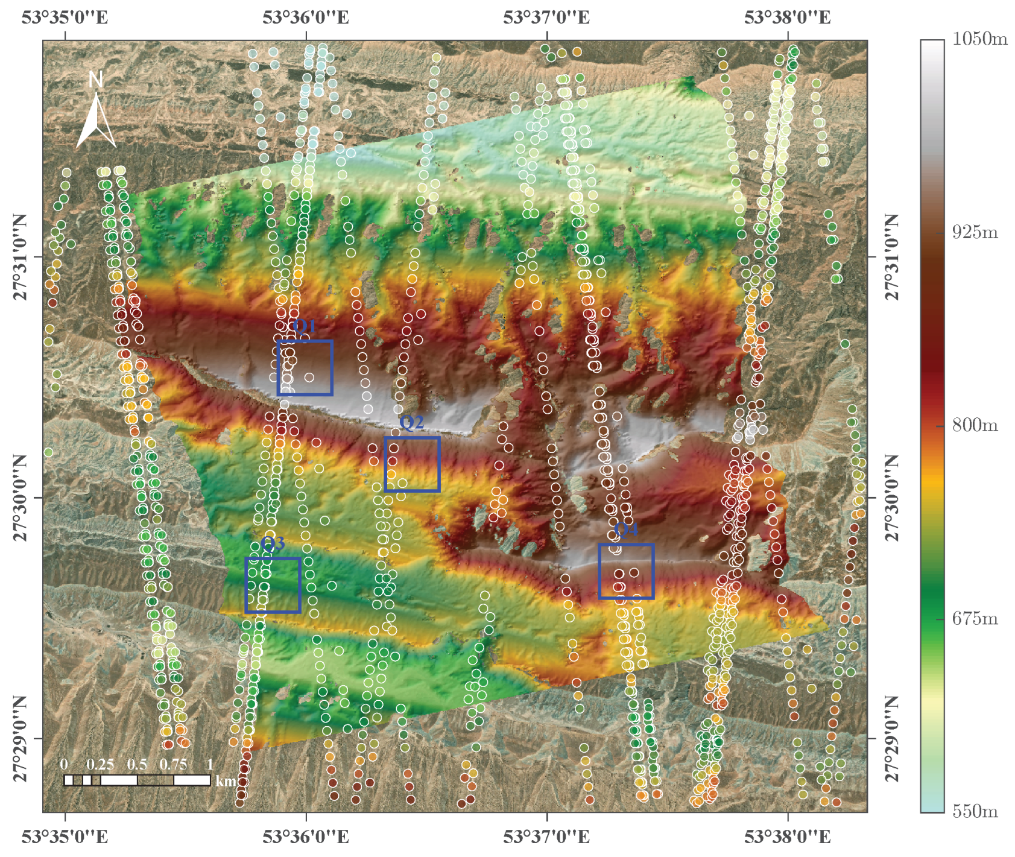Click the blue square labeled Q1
tap(305, 368)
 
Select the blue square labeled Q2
tap(413, 464)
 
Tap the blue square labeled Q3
tap(273, 586)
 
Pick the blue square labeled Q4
tap(626, 572)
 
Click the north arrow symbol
tap(96, 123)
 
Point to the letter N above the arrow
tap(95, 80)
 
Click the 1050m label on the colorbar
tap(979, 39)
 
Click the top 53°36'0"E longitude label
tap(306, 17)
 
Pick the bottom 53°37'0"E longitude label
tap(546, 837)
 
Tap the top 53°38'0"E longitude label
tap(787, 17)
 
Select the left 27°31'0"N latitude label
tap(21, 258)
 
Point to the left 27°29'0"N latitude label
tap(21, 739)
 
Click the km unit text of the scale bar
tap(226, 782)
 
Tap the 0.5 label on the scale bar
tap(137, 764)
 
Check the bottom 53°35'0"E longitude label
tap(65, 837)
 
